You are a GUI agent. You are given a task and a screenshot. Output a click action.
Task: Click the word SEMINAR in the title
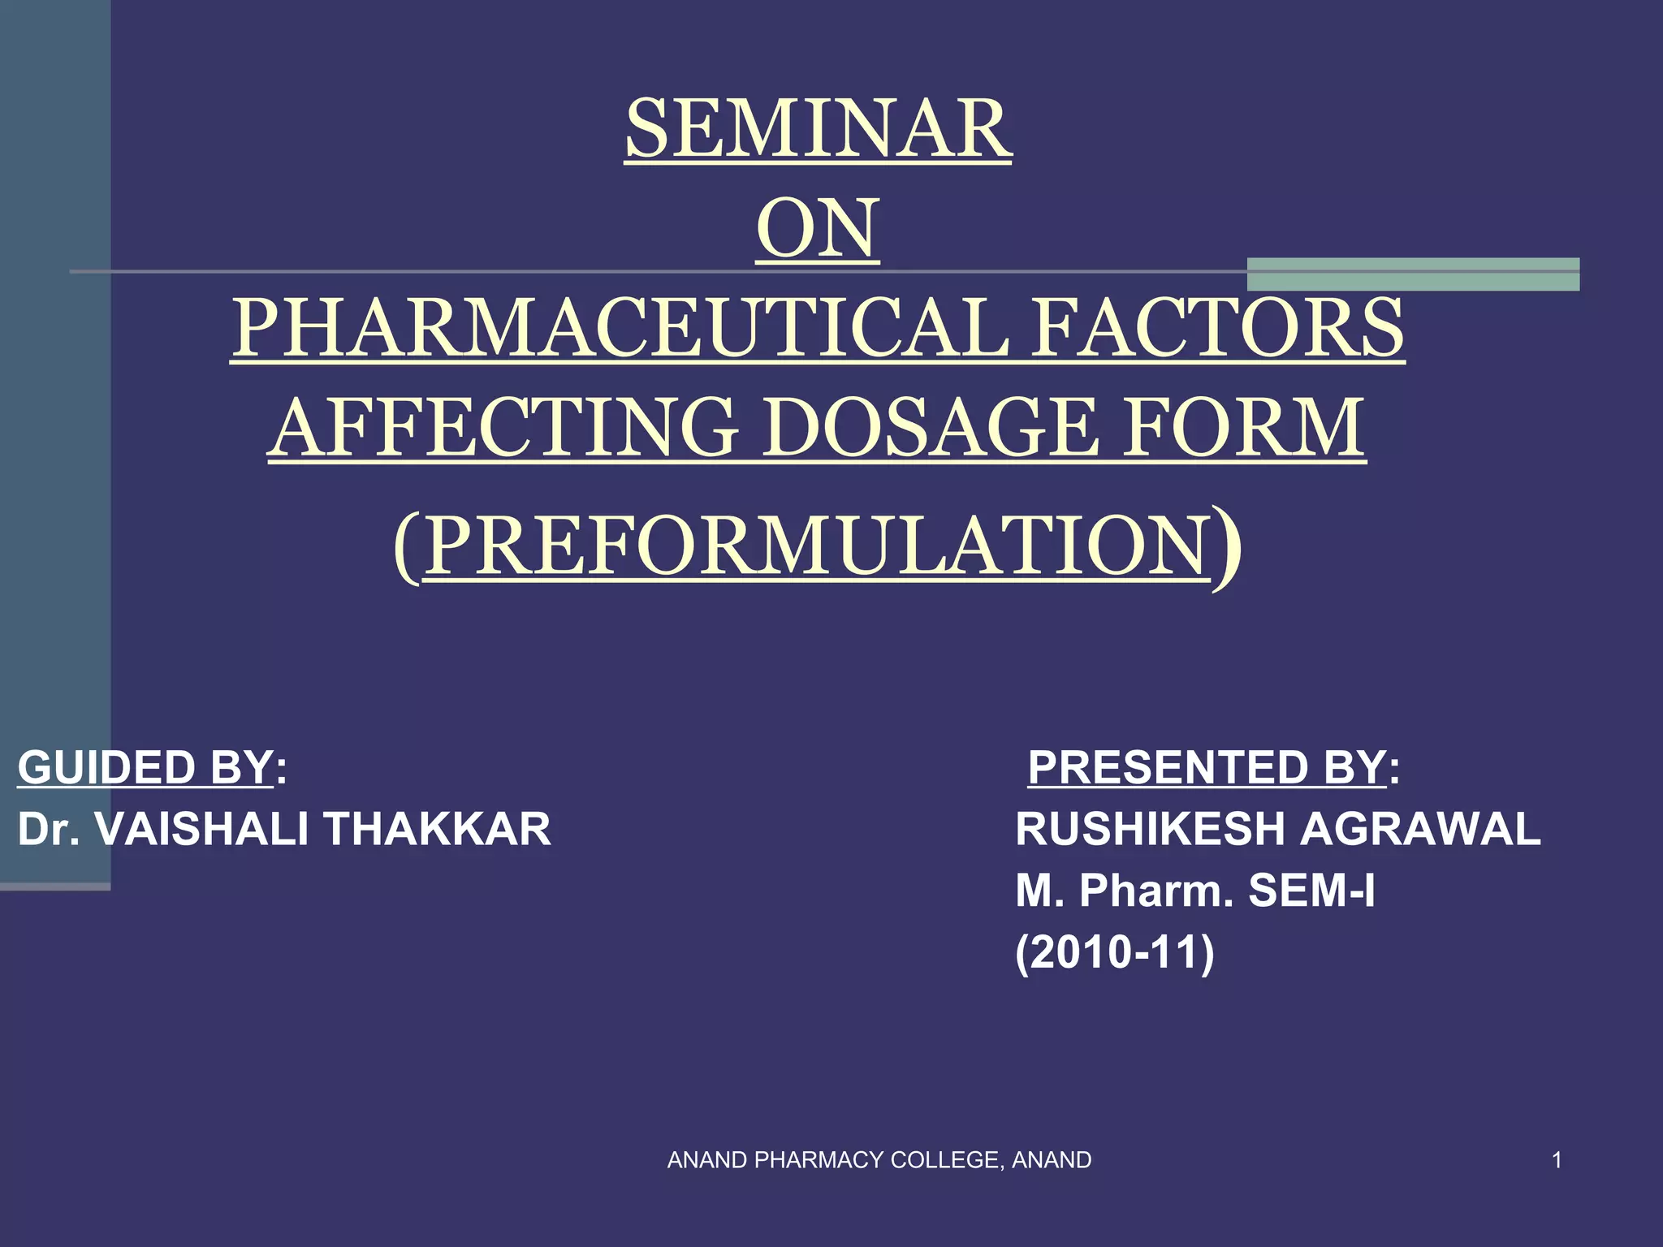pos(818,130)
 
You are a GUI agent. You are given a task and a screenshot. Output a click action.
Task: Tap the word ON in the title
pos(818,229)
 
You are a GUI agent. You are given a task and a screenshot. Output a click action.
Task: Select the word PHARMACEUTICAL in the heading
pos(621,328)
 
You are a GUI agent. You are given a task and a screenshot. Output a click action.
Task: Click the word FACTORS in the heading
pos(1218,328)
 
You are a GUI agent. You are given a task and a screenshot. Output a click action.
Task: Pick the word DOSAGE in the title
pos(933,428)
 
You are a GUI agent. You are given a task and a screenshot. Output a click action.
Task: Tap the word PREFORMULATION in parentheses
pos(817,545)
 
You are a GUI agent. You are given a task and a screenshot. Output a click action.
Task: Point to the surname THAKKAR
pos(438,829)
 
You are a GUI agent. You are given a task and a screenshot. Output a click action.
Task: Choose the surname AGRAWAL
pos(1420,829)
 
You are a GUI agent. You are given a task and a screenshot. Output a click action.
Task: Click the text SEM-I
pos(1311,891)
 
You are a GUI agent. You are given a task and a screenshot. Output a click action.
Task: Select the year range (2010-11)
pos(1114,951)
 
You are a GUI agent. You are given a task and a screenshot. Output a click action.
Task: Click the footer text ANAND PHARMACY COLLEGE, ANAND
pos(879,1160)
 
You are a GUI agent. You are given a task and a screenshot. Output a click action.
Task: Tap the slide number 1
pos(1557,1160)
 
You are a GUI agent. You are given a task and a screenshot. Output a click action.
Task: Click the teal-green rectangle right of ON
pos(1413,274)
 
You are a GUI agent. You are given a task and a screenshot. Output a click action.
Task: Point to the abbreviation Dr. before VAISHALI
pos(48,829)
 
